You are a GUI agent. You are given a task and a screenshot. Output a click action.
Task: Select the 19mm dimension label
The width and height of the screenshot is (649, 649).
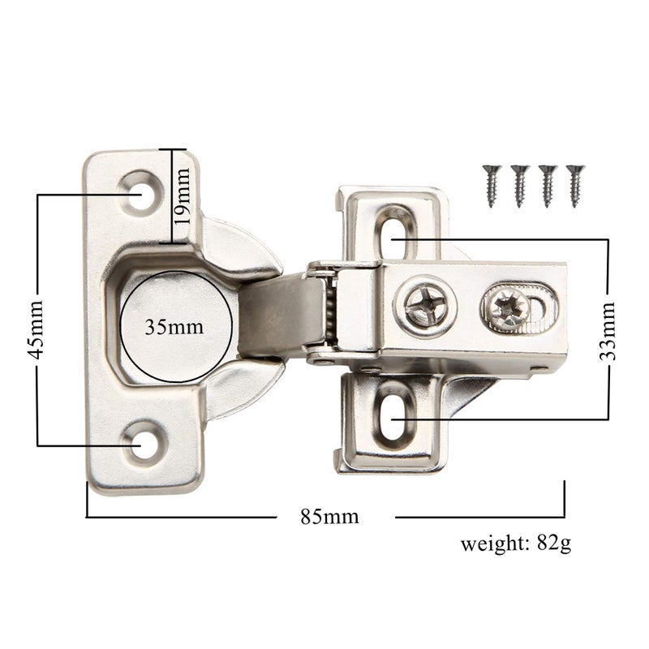[x=183, y=196]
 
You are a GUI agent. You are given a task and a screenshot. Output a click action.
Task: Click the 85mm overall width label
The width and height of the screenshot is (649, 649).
[x=329, y=517]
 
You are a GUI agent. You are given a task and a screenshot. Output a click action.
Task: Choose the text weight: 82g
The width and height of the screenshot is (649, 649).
[x=515, y=543]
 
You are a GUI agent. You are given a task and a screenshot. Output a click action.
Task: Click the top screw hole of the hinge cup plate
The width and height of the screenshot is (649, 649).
[x=143, y=196]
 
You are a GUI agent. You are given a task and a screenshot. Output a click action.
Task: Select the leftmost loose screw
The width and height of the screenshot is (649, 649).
[x=491, y=185]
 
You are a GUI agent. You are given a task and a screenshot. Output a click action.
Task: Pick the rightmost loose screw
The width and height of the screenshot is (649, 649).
[x=575, y=185]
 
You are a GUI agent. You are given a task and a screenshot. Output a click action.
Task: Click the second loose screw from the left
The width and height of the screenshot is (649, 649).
[x=519, y=185]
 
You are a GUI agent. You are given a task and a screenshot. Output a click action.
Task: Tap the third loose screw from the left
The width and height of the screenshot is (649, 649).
[x=548, y=185]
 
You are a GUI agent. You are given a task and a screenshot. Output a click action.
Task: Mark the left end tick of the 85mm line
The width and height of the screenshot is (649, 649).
[x=87, y=499]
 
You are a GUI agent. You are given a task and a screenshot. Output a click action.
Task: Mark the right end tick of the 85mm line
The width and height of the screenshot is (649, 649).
[x=565, y=499]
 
